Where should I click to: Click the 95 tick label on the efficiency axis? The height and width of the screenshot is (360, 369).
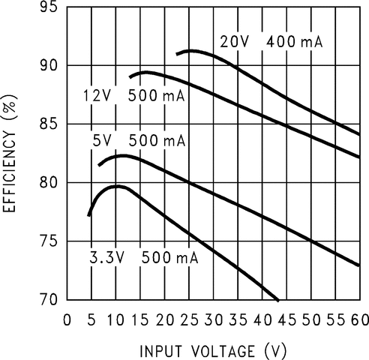[48, 7]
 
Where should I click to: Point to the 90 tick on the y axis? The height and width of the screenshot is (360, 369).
[48, 65]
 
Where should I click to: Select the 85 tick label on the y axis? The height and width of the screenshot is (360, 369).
[48, 124]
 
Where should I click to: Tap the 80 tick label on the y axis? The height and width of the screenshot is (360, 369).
[48, 182]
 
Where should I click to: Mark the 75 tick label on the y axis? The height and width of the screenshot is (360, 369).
[48, 241]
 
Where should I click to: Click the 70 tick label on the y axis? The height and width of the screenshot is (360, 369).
[48, 299]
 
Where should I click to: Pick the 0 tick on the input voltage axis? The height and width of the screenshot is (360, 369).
[67, 320]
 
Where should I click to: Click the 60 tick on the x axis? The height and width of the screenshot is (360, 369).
[359, 320]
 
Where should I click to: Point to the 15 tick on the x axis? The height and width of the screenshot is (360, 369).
[140, 320]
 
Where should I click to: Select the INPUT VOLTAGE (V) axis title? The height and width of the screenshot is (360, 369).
[213, 349]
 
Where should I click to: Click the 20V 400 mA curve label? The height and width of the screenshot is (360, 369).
[271, 42]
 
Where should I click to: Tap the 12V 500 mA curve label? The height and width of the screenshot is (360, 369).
[133, 95]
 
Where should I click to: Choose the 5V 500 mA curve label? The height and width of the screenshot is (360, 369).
[139, 140]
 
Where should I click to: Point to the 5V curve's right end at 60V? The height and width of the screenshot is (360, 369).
[359, 265]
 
